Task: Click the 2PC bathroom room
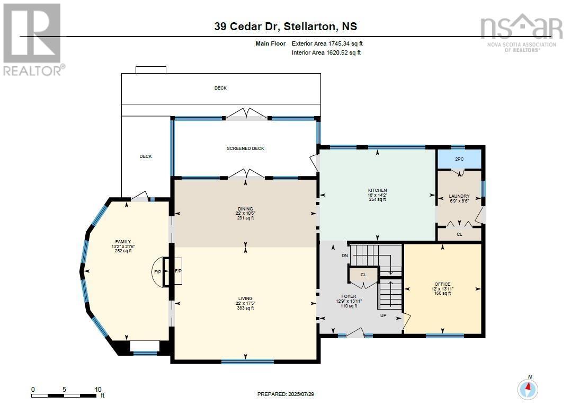click(459, 159)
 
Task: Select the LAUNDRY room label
click(459, 196)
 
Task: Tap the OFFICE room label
click(443, 284)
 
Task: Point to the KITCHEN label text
click(378, 190)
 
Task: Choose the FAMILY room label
click(123, 242)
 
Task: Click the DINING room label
click(245, 209)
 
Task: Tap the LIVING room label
click(245, 298)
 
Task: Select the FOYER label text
click(349, 296)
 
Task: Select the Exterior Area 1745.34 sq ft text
click(327, 43)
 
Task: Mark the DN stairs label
click(345, 256)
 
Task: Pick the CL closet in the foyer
click(363, 275)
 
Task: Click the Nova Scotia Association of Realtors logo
click(521, 32)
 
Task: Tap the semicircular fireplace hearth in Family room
click(157, 272)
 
